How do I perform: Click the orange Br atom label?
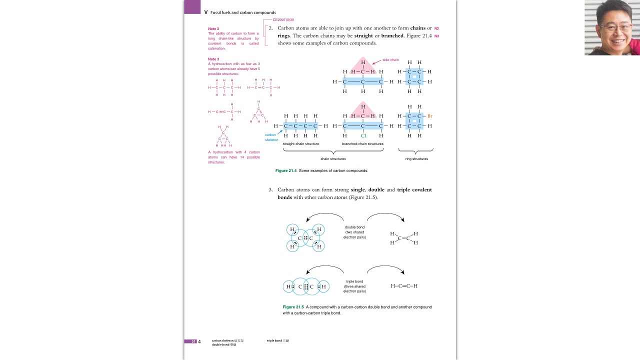(x=429, y=116)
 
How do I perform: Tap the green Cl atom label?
(x=363, y=135)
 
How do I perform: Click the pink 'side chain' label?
(x=390, y=60)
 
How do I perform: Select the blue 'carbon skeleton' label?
(x=271, y=137)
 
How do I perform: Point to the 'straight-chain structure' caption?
(x=300, y=144)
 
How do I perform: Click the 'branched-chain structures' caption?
(x=362, y=144)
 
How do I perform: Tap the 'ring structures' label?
(x=416, y=159)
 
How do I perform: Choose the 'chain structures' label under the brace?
(x=333, y=159)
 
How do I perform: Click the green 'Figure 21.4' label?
(x=286, y=171)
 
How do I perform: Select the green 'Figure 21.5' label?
(x=293, y=307)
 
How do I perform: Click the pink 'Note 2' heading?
(x=213, y=29)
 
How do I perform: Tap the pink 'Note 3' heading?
(x=213, y=59)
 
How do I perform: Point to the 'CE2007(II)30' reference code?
(x=283, y=20)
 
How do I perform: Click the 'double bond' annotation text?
(x=354, y=227)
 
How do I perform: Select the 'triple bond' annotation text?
(x=354, y=281)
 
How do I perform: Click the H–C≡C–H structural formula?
(x=404, y=286)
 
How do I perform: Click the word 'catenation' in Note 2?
(x=216, y=48)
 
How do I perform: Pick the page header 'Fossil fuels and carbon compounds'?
(x=243, y=12)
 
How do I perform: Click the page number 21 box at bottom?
(x=193, y=341)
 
